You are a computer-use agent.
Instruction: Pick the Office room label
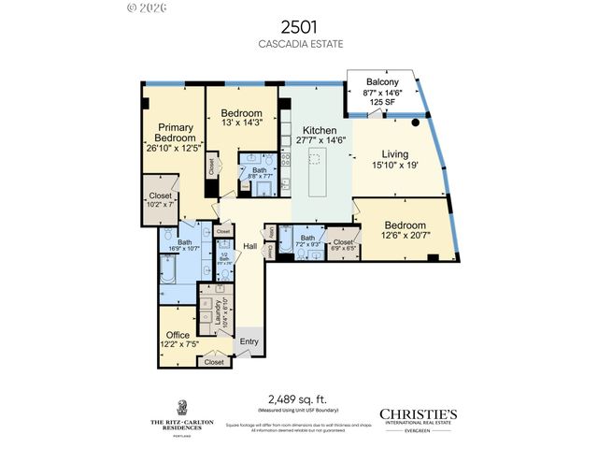pos(178,335)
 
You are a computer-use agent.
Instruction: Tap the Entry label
pos(249,341)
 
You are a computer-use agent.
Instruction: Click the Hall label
pos(250,246)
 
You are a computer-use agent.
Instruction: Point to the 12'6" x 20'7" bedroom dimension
pos(405,237)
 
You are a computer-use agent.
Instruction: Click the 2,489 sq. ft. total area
pos(298,398)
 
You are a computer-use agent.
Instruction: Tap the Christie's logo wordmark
pos(418,413)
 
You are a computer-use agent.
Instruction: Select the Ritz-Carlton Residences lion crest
pos(181,406)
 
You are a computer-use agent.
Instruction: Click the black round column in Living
pos(415,122)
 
